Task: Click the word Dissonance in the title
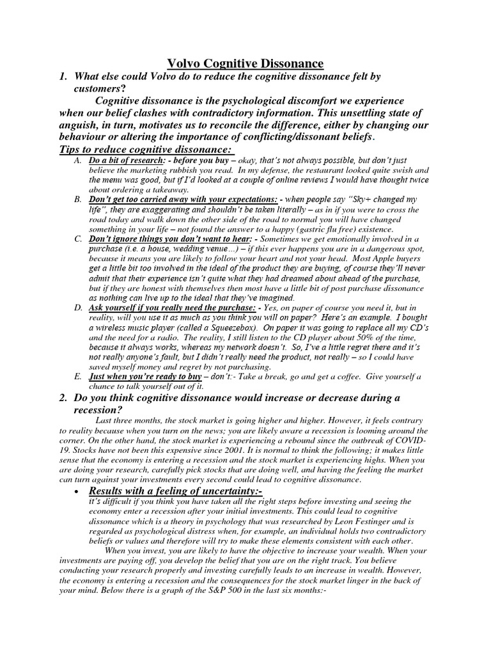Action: click(x=290, y=63)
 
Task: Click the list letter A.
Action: click(x=77, y=161)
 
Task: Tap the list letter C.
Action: click(x=77, y=239)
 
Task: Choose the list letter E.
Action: click(x=77, y=377)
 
